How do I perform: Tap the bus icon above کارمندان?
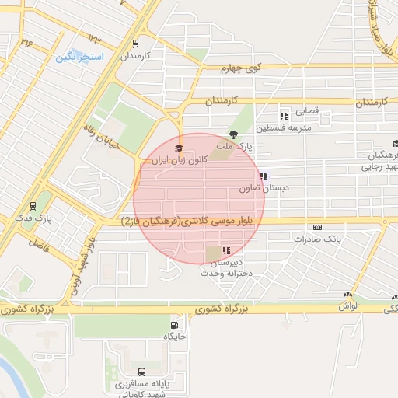136,44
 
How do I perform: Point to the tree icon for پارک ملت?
232,134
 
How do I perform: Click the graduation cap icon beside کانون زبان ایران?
177,148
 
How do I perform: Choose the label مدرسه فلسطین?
284,127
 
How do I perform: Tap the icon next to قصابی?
284,114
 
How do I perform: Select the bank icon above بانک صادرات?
316,227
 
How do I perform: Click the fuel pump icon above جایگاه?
173,325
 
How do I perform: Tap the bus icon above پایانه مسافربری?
141,372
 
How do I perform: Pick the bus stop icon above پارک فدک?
33,206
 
